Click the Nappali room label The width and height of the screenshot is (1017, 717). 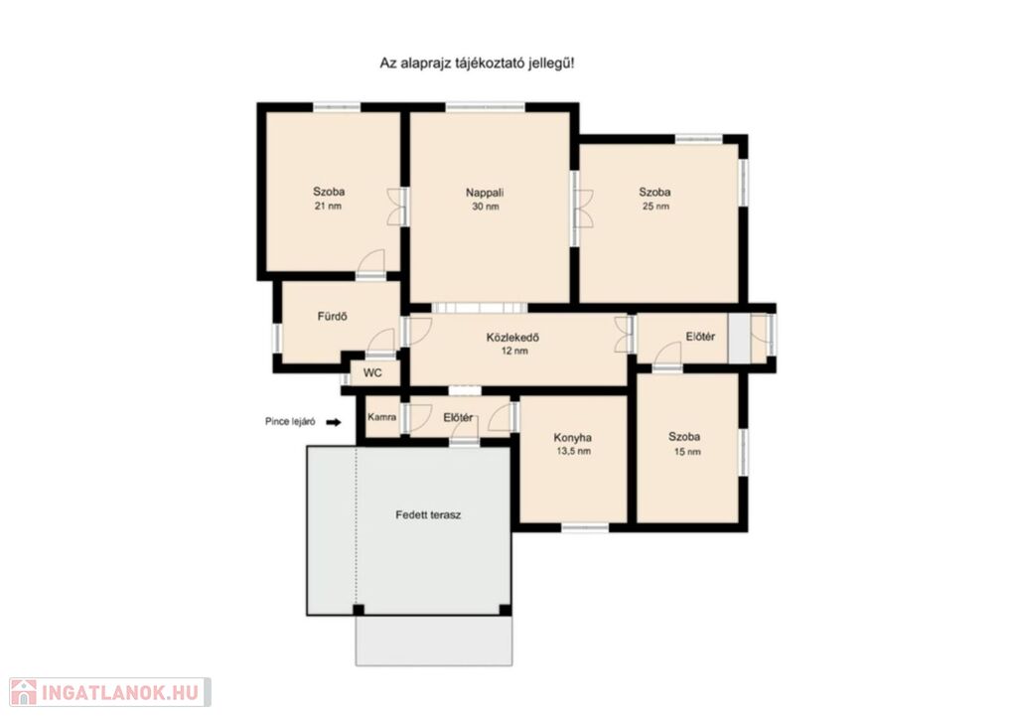(485, 193)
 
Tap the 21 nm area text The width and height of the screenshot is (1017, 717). (328, 207)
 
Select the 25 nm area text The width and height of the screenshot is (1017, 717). (655, 207)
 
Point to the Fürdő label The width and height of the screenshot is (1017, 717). (332, 317)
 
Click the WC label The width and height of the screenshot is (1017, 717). (373, 372)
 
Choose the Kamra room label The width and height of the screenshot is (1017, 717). (382, 417)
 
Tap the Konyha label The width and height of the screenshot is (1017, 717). (573, 438)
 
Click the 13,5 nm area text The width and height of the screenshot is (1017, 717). (573, 451)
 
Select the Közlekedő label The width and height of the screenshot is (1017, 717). (513, 337)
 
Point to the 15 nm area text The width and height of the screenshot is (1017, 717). (687, 452)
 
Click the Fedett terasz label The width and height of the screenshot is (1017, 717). (428, 514)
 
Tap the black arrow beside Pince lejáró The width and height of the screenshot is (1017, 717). (334, 422)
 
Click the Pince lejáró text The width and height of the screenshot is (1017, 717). (290, 421)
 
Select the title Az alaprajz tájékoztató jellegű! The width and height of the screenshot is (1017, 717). (477, 64)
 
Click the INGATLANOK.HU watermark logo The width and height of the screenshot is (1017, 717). (110, 692)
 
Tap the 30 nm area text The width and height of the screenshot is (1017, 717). (486, 207)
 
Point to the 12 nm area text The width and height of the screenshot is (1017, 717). (514, 351)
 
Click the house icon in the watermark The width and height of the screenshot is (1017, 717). (24, 692)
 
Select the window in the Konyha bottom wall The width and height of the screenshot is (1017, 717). (584, 527)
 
